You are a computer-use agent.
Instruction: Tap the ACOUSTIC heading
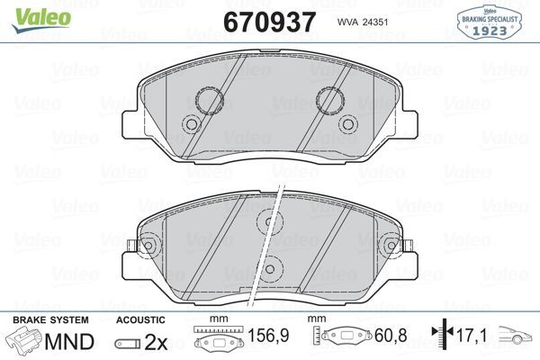click(x=141, y=320)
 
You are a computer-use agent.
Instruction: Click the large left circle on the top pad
click(x=209, y=100)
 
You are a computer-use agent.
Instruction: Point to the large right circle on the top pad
click(x=331, y=100)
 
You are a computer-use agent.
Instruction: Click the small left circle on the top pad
click(x=190, y=125)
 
